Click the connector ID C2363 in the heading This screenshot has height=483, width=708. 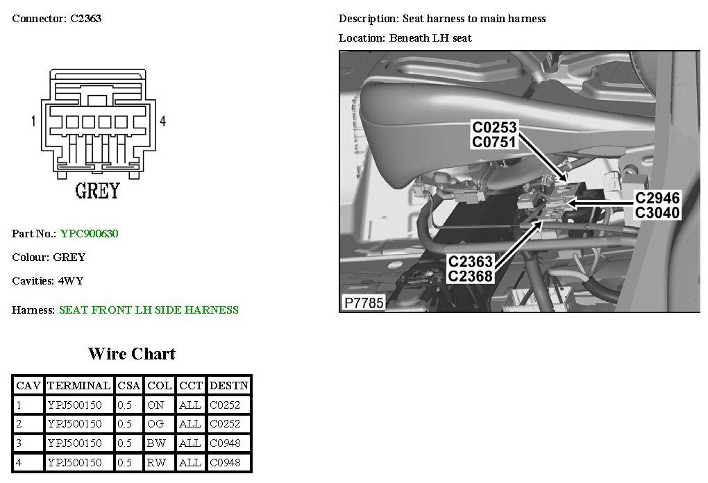pyautogui.click(x=85, y=19)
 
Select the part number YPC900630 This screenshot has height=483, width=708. pyautogui.click(x=89, y=234)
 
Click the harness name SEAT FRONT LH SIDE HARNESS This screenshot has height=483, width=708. pyautogui.click(x=149, y=310)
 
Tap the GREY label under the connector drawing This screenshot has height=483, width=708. pyautogui.click(x=97, y=190)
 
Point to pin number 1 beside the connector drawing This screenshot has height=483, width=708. pyautogui.click(x=33, y=121)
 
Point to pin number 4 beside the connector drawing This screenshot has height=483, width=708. pyautogui.click(x=162, y=121)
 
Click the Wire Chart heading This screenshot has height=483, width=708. pyautogui.click(x=132, y=354)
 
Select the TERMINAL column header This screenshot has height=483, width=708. pyautogui.click(x=79, y=385)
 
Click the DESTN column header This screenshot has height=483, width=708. pyautogui.click(x=229, y=385)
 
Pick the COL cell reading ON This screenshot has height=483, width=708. pyautogui.click(x=156, y=405)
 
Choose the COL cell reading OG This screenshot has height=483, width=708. pyautogui.click(x=156, y=424)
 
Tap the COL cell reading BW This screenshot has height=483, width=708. pyautogui.click(x=157, y=443)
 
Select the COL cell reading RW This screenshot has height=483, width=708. pyautogui.click(x=157, y=463)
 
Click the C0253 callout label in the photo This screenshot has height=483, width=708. pyautogui.click(x=496, y=128)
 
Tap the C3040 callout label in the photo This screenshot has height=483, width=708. pyautogui.click(x=657, y=213)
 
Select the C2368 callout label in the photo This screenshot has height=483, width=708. pyautogui.click(x=471, y=276)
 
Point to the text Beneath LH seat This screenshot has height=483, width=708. pyautogui.click(x=430, y=38)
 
